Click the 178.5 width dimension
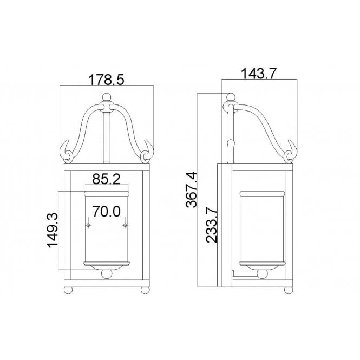pyautogui.click(x=107, y=80)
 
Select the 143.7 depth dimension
pyautogui.click(x=259, y=74)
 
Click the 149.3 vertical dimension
pyautogui.click(x=53, y=230)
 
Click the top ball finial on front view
pyautogui.click(x=107, y=99)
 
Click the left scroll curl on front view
pyautogui.click(x=68, y=155)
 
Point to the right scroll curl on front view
pyautogui.click(x=147, y=155)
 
